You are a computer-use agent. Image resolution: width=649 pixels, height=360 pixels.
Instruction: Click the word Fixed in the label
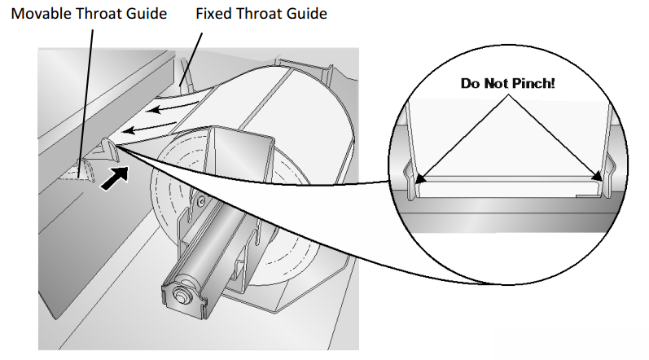213,14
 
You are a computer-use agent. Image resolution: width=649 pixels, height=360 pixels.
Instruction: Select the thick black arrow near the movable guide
115,178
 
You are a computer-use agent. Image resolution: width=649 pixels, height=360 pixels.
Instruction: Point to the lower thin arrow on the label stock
150,127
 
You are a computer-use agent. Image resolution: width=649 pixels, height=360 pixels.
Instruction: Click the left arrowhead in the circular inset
420,178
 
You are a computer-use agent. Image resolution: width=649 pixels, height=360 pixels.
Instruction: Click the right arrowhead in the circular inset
596,176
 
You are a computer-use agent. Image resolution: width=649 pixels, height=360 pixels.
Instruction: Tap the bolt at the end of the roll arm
181,294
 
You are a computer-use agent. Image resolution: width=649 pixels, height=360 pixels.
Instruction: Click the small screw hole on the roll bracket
201,201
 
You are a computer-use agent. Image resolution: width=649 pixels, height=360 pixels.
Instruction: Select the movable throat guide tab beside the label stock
111,149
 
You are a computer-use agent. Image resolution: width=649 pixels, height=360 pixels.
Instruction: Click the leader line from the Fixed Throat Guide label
191,59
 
